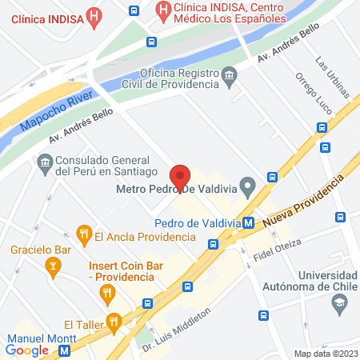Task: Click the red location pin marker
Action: (180, 176)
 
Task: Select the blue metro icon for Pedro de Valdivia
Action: (250, 222)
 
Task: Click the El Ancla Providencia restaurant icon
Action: (82, 234)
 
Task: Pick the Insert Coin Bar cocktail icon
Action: (108, 296)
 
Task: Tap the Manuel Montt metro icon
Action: (63, 349)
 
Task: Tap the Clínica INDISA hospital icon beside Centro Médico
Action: (164, 11)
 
